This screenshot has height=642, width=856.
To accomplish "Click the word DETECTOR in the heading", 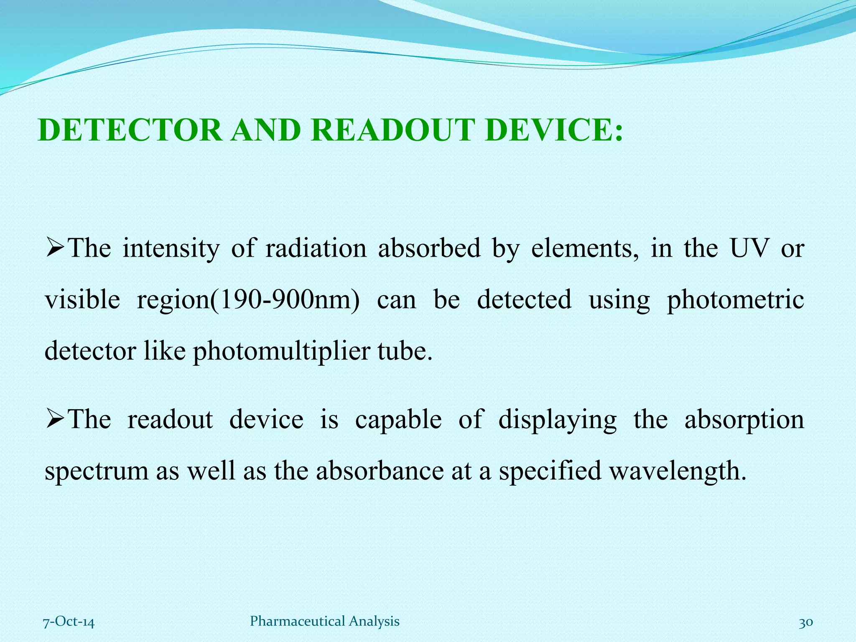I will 130,130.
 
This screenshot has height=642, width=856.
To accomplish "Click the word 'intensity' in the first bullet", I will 171,248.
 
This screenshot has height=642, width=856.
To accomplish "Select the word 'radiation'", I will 316,248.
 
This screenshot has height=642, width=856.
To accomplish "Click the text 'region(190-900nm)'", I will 248,300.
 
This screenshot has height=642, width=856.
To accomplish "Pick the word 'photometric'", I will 735,300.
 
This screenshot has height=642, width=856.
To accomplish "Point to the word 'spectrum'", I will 97,471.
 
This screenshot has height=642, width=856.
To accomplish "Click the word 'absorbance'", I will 380,471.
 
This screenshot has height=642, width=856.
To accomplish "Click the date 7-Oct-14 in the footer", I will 69,622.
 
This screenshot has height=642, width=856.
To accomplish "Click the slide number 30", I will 806,622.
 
